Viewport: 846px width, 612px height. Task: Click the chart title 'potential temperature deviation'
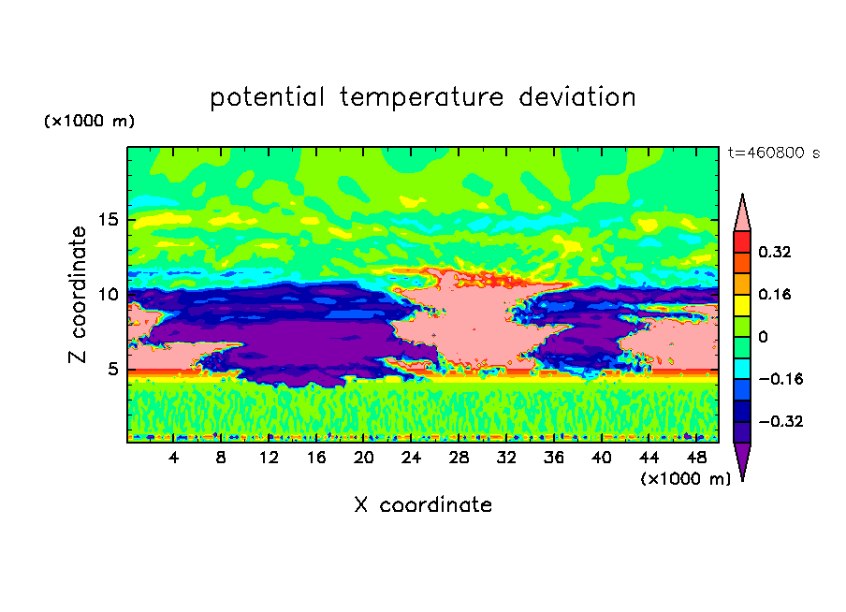pyautogui.click(x=422, y=97)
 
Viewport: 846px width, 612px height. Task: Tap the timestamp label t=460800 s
pyautogui.click(x=774, y=153)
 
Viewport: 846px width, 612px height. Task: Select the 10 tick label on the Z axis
pyautogui.click(x=109, y=295)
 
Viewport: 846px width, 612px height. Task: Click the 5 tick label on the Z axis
pyautogui.click(x=112, y=369)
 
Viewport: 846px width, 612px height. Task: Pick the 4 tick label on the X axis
pyautogui.click(x=173, y=458)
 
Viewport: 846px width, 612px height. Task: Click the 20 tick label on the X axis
pyautogui.click(x=363, y=458)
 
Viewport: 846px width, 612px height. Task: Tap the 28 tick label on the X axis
pyautogui.click(x=459, y=458)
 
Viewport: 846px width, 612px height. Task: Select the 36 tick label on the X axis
pyautogui.click(x=554, y=458)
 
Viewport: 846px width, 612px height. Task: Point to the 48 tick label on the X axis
pyautogui.click(x=696, y=458)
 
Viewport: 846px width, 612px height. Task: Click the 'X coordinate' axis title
pyautogui.click(x=423, y=505)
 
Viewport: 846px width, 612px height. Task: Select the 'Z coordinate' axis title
pyautogui.click(x=78, y=295)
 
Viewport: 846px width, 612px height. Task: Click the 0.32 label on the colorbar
pyautogui.click(x=774, y=252)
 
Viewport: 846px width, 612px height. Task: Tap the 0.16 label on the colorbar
pyautogui.click(x=774, y=294)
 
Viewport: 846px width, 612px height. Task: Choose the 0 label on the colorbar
pyautogui.click(x=763, y=337)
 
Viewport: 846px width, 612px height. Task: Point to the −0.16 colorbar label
pyautogui.click(x=780, y=379)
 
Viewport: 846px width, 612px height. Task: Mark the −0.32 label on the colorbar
pyautogui.click(x=780, y=421)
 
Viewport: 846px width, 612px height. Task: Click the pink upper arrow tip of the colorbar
pyautogui.click(x=742, y=195)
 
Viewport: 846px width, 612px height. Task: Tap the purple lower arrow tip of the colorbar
pyautogui.click(x=742, y=480)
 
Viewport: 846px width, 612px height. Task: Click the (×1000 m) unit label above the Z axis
pyautogui.click(x=89, y=121)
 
